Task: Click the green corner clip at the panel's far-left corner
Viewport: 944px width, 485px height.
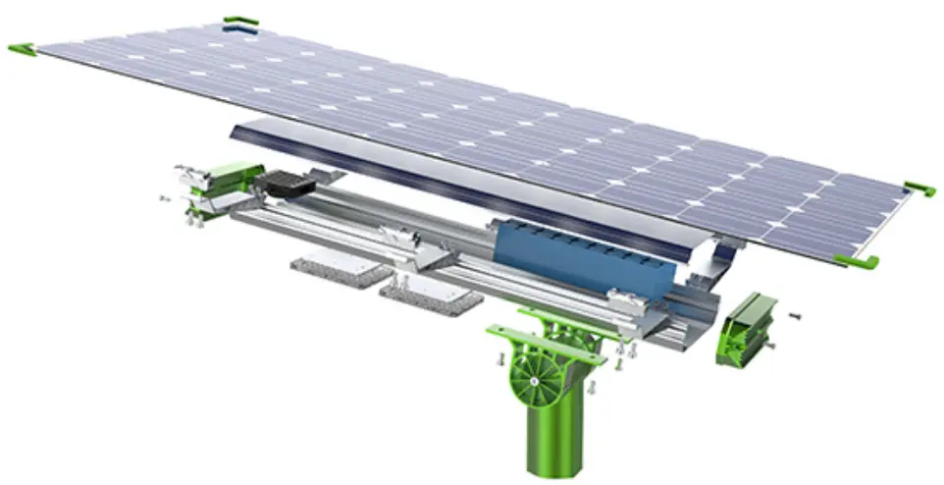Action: [23, 49]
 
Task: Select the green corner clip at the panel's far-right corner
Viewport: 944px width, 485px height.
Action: [919, 188]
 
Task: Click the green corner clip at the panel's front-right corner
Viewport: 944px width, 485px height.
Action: [854, 260]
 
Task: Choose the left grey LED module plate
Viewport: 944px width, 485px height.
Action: [338, 271]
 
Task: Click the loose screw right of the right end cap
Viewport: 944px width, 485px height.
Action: [795, 316]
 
